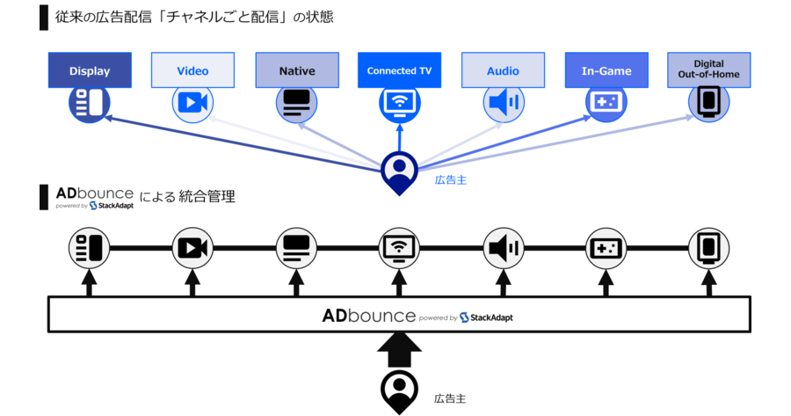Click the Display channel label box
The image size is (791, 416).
point(89,70)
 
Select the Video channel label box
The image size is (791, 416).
point(192,70)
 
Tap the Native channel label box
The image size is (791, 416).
point(296,70)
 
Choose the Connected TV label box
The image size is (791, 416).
point(399,70)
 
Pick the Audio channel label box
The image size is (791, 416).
point(503,70)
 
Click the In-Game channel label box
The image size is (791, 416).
point(606,70)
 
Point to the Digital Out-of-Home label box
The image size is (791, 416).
point(709,69)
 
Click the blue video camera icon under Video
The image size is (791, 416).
point(192,104)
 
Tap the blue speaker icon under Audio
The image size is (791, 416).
point(503,104)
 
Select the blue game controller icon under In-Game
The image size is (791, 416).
point(606,104)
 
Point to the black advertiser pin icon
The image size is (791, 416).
point(399,392)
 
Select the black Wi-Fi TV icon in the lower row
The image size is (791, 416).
point(399,248)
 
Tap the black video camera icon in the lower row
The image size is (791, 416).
point(192,248)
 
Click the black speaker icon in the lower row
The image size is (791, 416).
point(503,248)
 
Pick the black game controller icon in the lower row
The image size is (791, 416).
point(606,248)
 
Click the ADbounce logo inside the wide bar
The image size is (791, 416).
point(368,314)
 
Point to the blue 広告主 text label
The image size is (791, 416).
point(451,179)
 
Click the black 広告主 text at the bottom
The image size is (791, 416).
point(451,398)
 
